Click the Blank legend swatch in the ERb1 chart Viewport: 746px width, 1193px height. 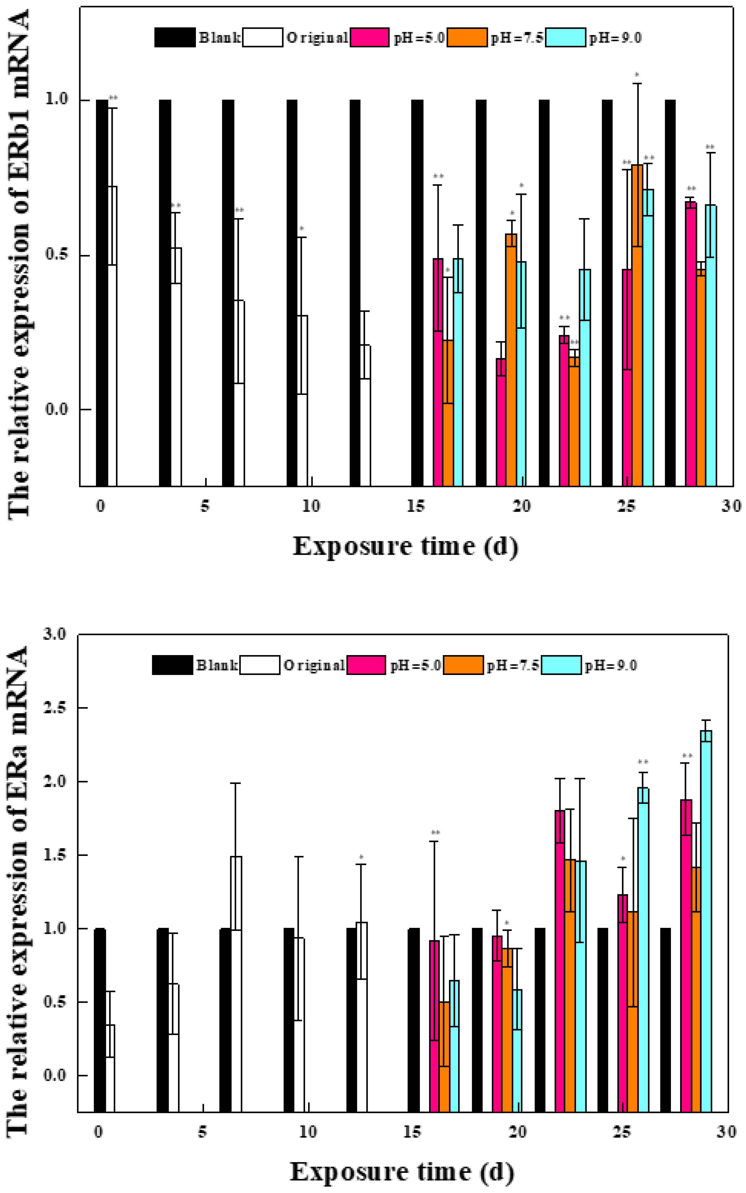[x=175, y=37]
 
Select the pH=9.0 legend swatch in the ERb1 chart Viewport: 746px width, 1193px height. [x=566, y=37]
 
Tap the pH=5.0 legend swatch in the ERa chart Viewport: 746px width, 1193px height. [x=366, y=665]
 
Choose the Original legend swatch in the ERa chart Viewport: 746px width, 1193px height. [x=260, y=665]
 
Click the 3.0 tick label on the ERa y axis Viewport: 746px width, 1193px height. [x=55, y=634]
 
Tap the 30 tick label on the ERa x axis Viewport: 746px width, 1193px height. [x=726, y=1131]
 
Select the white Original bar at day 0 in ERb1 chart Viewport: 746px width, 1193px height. [x=112, y=336]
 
